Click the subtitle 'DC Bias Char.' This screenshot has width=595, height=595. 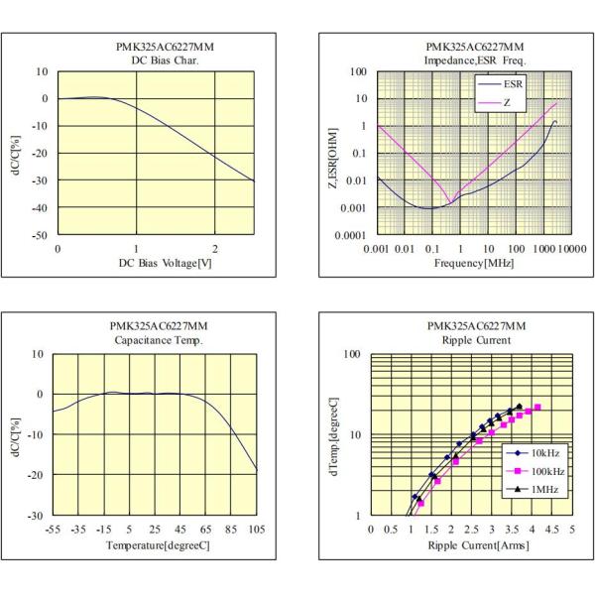159,60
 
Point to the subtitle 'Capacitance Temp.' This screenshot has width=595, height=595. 158,340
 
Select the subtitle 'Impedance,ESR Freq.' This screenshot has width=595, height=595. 474,60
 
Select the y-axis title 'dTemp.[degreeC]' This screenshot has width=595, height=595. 333,434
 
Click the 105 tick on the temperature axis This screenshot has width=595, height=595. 257,531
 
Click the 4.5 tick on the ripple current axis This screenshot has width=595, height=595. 552,531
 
